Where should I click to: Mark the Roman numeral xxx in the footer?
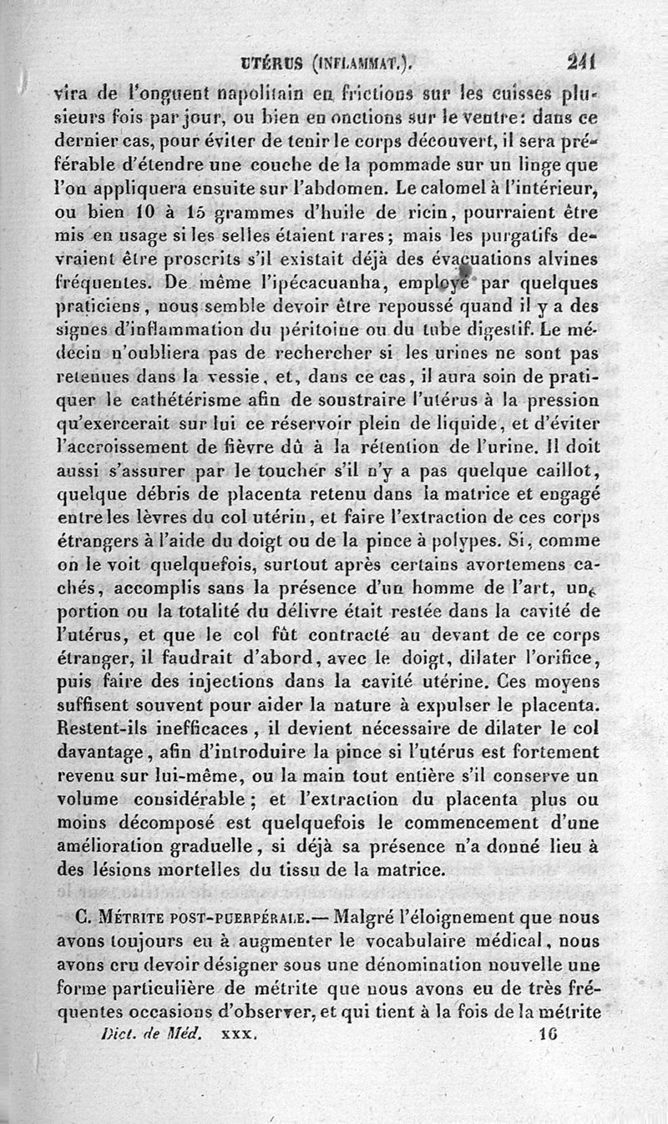[234, 1032]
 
